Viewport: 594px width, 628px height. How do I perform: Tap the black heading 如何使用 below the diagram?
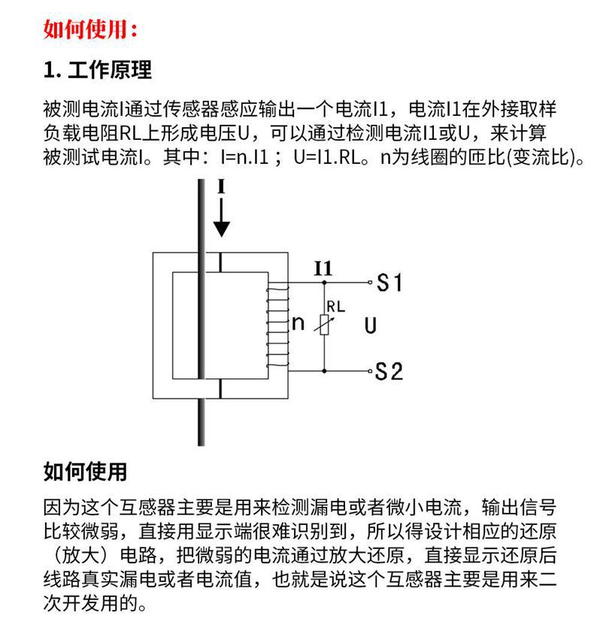point(85,472)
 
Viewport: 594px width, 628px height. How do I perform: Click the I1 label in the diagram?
point(323,268)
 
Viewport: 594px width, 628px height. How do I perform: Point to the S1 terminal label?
point(389,284)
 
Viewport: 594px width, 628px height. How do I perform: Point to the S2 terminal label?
point(389,372)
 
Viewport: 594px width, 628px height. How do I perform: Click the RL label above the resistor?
point(335,307)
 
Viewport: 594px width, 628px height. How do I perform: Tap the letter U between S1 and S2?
point(370,326)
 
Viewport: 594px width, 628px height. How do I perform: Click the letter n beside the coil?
point(298,323)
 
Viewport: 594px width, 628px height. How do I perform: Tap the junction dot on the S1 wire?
point(324,283)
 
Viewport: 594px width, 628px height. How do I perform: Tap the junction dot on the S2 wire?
point(324,371)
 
